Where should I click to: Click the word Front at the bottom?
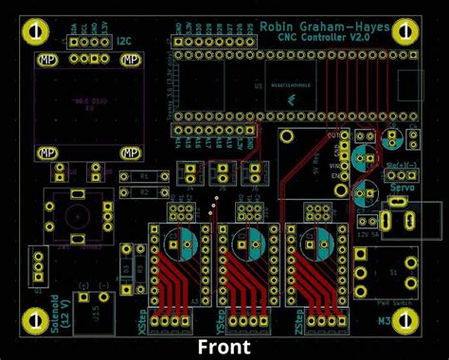tap(224, 347)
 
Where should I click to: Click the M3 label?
tap(386, 322)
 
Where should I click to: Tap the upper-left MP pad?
tap(45, 60)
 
